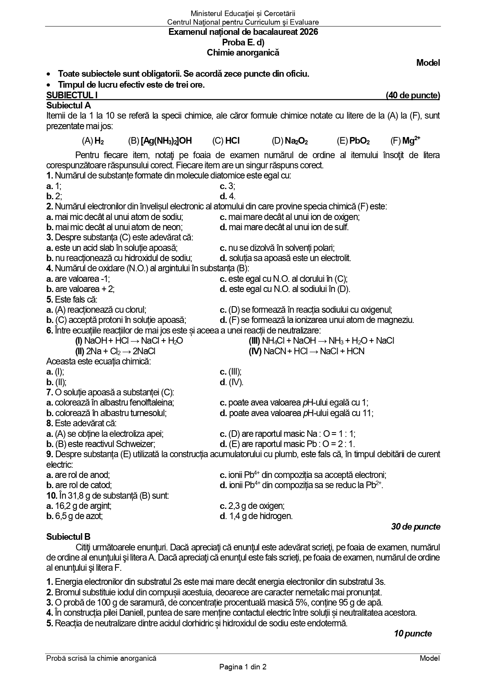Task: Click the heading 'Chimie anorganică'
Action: point(243,52)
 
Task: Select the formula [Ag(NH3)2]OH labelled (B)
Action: point(166,141)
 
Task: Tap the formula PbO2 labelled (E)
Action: point(359,141)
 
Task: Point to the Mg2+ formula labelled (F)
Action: point(411,141)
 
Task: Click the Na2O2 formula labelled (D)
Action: point(296,141)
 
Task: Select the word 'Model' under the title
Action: point(428,63)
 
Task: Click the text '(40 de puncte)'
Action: point(413,95)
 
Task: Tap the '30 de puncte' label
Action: point(416,527)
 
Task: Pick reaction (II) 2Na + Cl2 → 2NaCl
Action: point(116,351)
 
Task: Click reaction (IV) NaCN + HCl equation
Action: point(307,351)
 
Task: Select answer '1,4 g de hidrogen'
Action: point(260,516)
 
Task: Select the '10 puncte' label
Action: point(413,633)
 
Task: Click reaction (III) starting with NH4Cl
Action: point(322,341)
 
